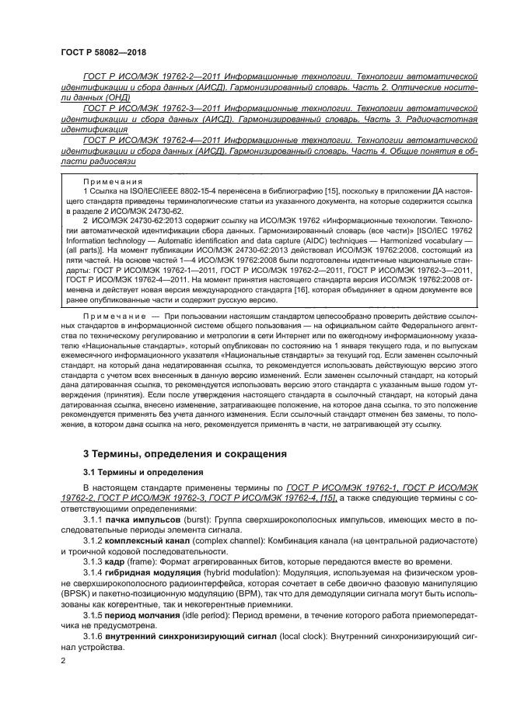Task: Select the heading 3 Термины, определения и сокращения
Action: click(x=184, y=453)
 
